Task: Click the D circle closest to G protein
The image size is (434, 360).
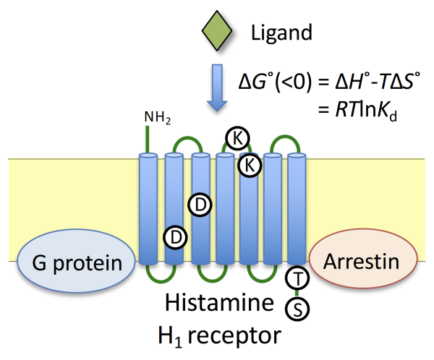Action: pos(176,236)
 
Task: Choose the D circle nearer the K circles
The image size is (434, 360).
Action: pos(200,205)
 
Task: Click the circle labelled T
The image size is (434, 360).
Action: pos(297,277)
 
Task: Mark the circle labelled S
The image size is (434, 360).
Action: pos(297,309)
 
